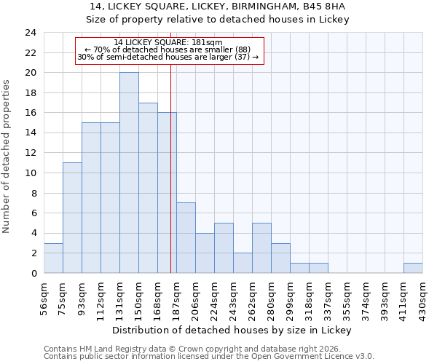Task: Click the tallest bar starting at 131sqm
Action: [x=129, y=173]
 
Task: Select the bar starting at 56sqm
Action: [x=53, y=258]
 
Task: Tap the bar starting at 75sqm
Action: [x=72, y=218]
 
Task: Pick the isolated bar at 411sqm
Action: [x=413, y=268]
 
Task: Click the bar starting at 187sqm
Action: [x=186, y=237]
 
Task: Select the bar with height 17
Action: [x=148, y=188]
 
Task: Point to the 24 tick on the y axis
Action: [x=30, y=33]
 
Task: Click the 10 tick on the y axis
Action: [x=30, y=173]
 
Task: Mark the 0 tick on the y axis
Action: [x=33, y=273]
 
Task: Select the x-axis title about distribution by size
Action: [x=233, y=330]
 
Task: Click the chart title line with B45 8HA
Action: [x=219, y=7]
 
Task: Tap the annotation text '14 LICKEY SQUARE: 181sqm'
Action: [x=168, y=42]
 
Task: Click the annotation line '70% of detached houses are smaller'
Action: [x=168, y=50]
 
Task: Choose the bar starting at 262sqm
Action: [x=261, y=248]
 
